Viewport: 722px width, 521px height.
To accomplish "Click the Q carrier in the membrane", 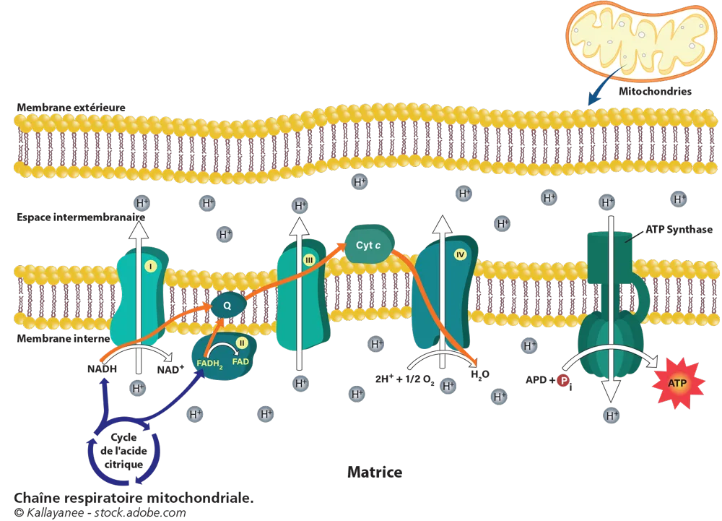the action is click(227, 306).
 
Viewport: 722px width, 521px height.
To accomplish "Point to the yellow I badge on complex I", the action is click(150, 267).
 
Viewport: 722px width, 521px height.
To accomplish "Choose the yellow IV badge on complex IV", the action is click(461, 254).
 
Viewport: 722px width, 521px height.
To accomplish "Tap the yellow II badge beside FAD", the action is click(242, 343).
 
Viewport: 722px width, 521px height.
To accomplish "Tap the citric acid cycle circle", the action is click(123, 452).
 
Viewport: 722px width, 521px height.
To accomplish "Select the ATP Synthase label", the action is click(678, 231).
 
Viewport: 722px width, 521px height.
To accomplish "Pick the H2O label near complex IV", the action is click(479, 376).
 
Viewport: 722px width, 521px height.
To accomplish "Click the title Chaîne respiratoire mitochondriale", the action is click(134, 499).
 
